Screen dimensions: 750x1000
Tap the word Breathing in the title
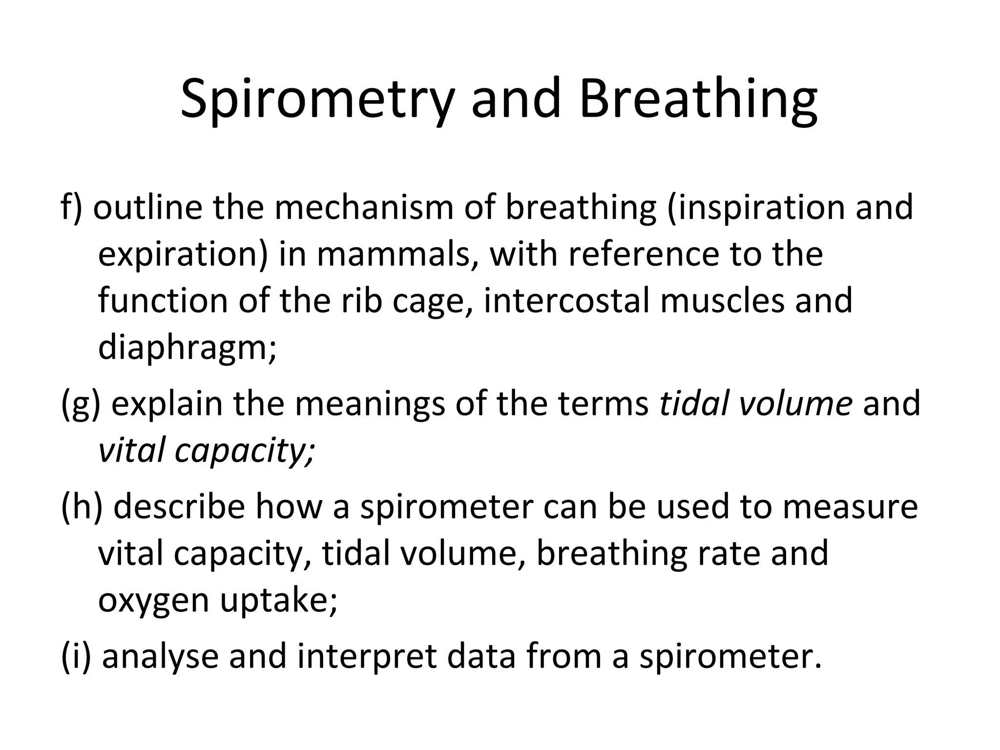pyautogui.click(x=698, y=100)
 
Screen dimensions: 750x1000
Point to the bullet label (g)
pyautogui.click(x=81, y=405)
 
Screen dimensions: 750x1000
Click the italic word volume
pyautogui.click(x=796, y=404)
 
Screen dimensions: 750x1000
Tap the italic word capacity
pyautogui.click(x=244, y=451)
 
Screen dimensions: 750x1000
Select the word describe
pyautogui.click(x=179, y=506)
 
